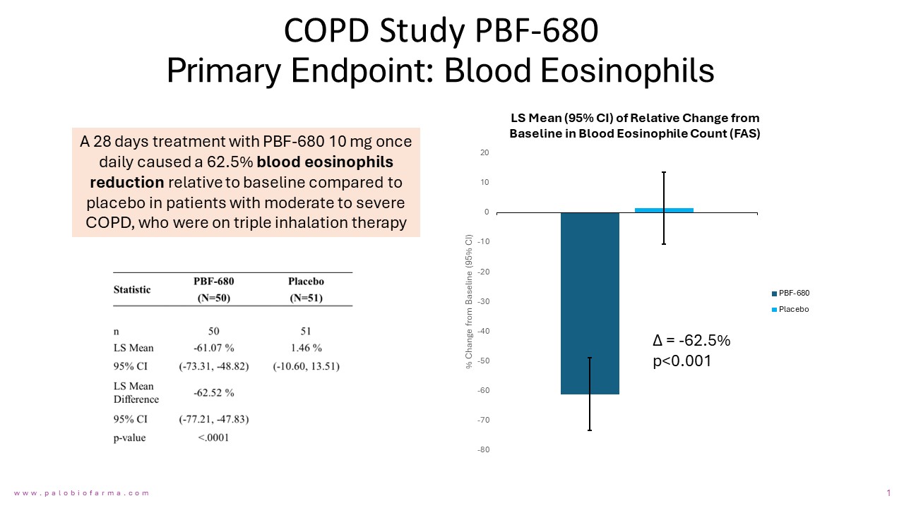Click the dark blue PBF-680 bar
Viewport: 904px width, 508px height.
pos(590,303)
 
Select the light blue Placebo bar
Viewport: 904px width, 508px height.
pos(664,210)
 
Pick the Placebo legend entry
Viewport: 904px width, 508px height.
pos(793,310)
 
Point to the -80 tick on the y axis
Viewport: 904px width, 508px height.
pos(483,450)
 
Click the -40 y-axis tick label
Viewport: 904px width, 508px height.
pos(483,332)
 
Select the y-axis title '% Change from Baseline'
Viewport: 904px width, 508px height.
pos(468,301)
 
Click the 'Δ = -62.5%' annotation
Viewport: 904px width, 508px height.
pos(691,341)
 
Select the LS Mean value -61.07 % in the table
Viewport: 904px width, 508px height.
pos(213,348)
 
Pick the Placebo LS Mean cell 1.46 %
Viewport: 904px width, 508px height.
pos(305,348)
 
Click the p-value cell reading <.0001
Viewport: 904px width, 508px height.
pos(213,437)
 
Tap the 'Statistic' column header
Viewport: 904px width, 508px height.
pos(132,289)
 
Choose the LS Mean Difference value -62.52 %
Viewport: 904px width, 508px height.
pos(213,392)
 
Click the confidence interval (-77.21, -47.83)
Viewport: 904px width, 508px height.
pos(213,419)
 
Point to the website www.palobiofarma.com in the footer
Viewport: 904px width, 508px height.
pos(82,493)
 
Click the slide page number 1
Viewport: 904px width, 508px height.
pos(888,492)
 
